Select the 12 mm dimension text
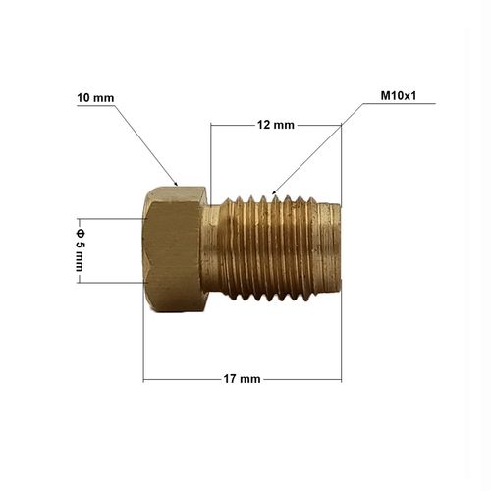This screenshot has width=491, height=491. [276, 125]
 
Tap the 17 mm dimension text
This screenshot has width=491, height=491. [242, 379]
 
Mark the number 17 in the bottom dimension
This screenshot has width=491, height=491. [233, 379]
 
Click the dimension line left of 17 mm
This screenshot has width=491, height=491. [183, 379]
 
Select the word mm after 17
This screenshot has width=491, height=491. [251, 379]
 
